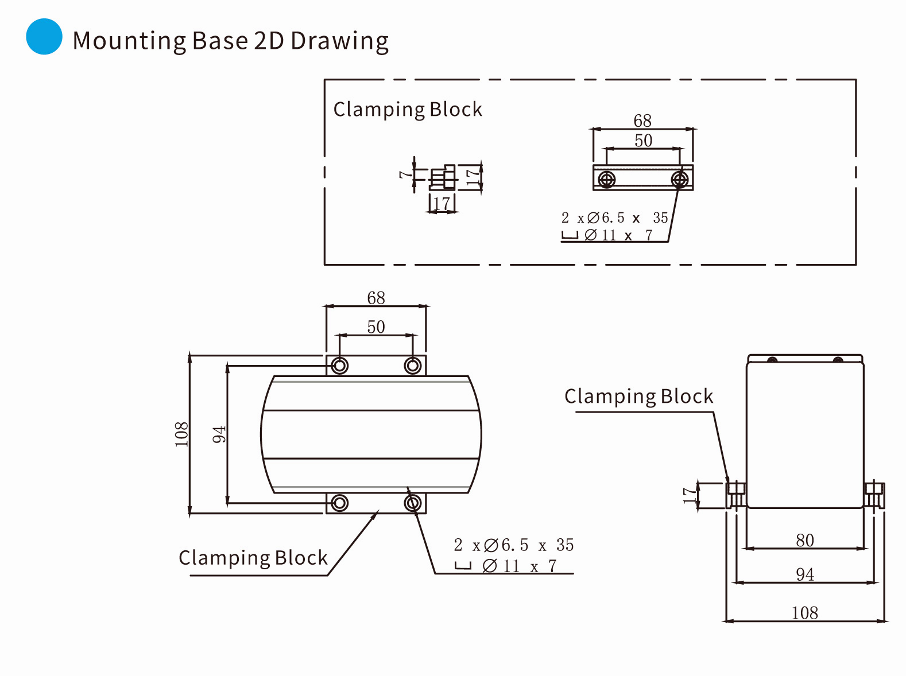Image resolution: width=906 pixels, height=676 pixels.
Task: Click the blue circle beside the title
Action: [44, 37]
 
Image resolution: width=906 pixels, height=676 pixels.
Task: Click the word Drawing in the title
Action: [339, 41]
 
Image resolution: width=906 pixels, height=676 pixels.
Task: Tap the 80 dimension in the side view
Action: [804, 540]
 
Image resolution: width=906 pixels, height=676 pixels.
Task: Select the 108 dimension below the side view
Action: [804, 613]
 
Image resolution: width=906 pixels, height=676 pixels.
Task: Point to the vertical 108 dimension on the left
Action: [181, 434]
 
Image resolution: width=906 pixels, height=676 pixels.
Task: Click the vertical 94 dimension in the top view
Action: [219, 434]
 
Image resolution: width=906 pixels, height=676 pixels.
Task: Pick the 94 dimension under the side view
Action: [804, 574]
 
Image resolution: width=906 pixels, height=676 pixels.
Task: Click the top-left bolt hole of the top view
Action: [340, 366]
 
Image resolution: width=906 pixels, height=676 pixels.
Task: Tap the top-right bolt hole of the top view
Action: [412, 366]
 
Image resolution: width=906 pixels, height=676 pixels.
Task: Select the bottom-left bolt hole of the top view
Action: [340, 503]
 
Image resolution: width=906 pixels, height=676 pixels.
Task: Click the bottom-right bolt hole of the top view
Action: [412, 503]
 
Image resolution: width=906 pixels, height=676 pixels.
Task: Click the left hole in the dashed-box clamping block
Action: [606, 180]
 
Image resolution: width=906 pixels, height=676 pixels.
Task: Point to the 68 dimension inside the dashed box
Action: [642, 121]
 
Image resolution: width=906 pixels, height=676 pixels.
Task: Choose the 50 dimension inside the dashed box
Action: [643, 141]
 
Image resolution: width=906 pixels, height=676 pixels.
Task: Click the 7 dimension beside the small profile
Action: [405, 173]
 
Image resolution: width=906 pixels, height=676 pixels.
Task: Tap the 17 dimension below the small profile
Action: [442, 204]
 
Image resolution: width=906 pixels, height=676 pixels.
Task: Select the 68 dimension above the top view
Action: [376, 298]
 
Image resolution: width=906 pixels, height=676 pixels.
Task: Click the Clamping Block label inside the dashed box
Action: [408, 109]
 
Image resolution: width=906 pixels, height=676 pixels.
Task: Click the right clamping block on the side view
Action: [874, 495]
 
